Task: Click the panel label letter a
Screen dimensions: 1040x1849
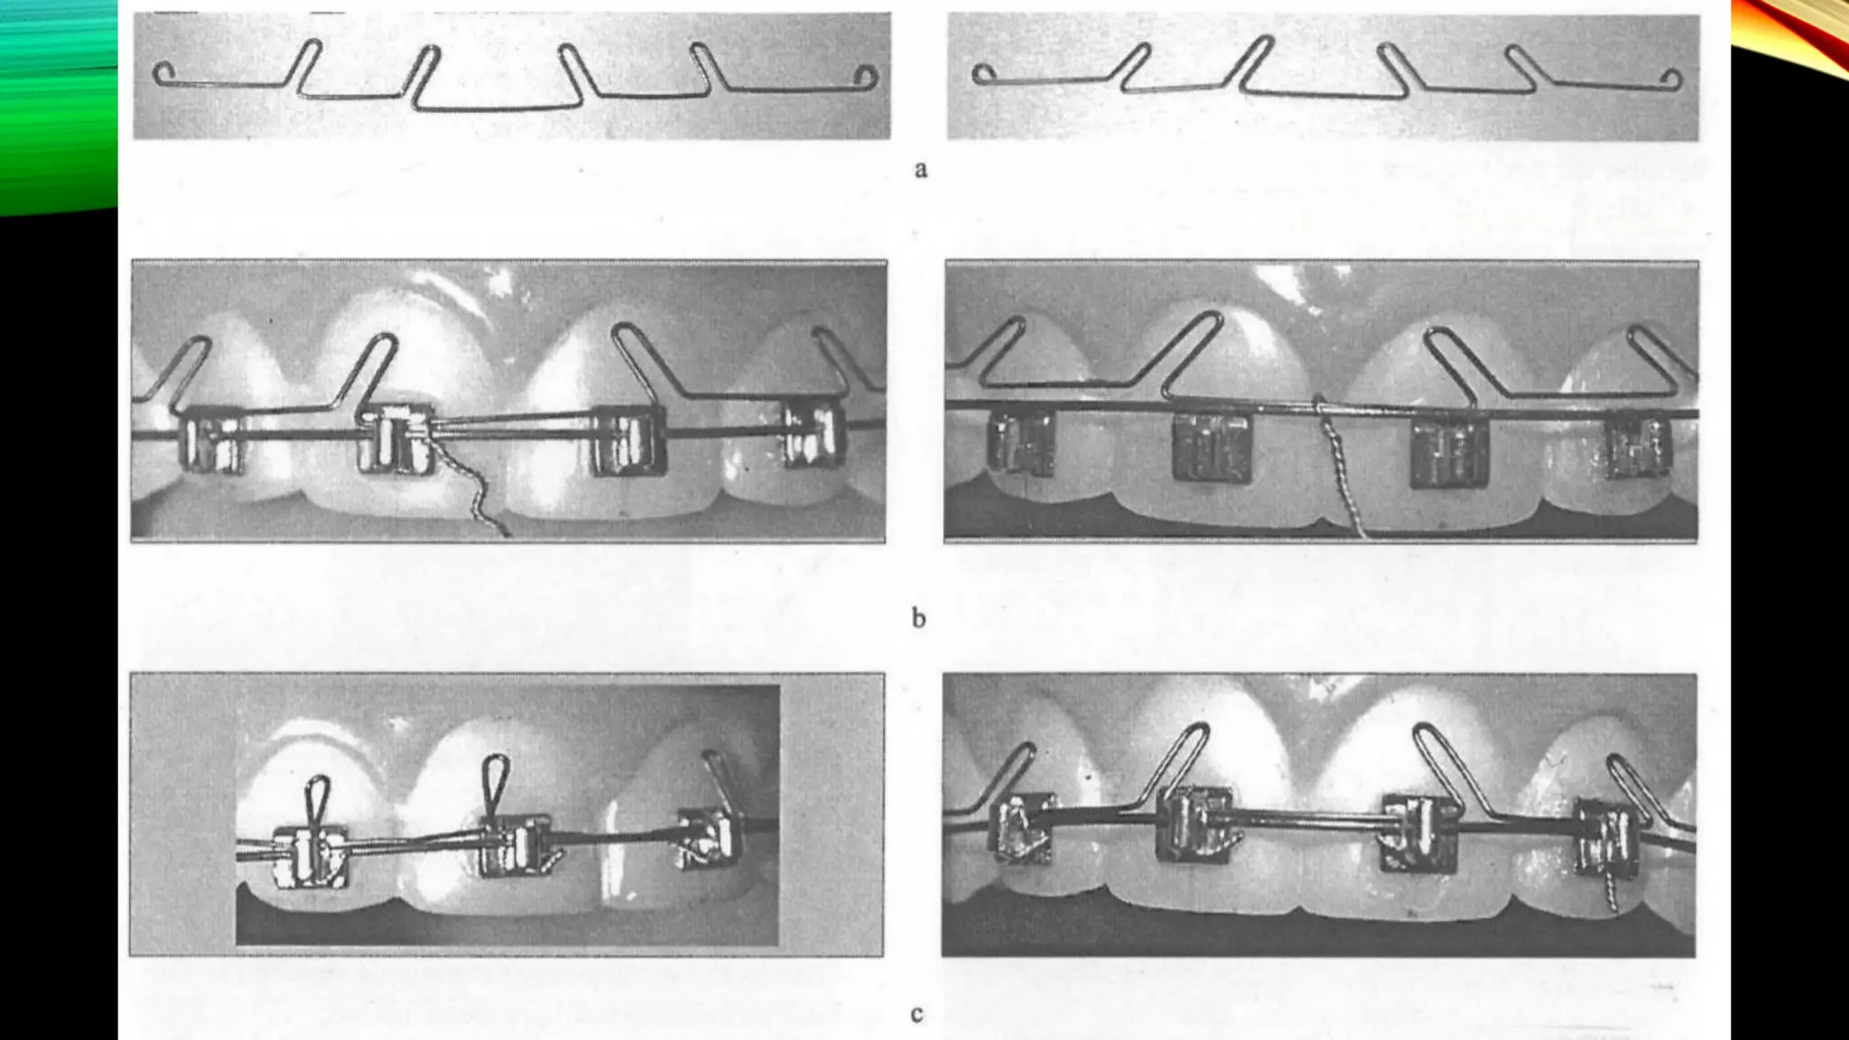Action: click(920, 169)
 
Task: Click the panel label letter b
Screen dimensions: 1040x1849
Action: click(918, 618)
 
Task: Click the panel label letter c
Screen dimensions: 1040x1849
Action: click(916, 1014)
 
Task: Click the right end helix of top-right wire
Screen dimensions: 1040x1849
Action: click(1672, 79)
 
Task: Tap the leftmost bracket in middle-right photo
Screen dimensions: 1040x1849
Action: click(1021, 442)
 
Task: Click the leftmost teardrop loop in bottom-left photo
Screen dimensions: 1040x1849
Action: click(316, 798)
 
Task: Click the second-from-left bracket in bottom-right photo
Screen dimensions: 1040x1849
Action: click(1194, 822)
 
